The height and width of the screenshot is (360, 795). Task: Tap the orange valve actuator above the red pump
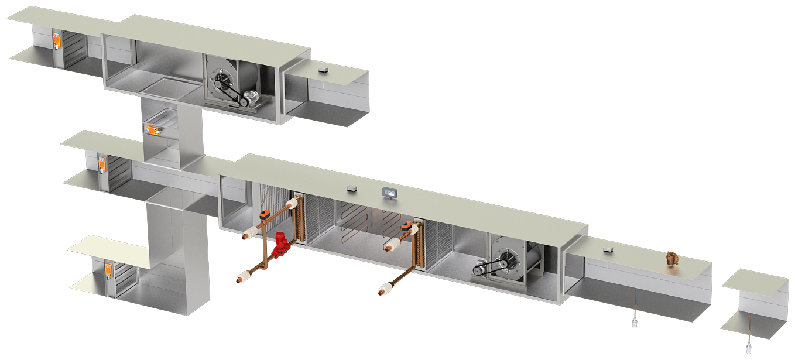pyautogui.click(x=265, y=214)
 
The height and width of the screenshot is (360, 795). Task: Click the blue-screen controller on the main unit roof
pyautogui.click(x=389, y=191)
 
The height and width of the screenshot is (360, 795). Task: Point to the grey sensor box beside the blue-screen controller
pyautogui.click(x=352, y=188)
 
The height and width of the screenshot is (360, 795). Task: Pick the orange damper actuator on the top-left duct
pyautogui.click(x=57, y=40)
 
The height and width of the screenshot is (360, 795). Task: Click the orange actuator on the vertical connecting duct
pyautogui.click(x=153, y=128)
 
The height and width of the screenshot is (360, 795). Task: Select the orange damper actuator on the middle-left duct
pyautogui.click(x=102, y=164)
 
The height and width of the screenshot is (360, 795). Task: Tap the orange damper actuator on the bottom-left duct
pyautogui.click(x=109, y=270)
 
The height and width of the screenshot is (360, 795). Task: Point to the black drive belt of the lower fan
pyautogui.click(x=489, y=268)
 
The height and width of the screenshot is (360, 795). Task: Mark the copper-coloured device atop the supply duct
pyautogui.click(x=671, y=258)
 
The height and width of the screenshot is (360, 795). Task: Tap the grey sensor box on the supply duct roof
pyautogui.click(x=608, y=250)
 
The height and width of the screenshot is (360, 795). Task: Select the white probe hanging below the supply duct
pyautogui.click(x=635, y=323)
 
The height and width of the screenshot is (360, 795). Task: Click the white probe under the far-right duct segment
pyautogui.click(x=749, y=349)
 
